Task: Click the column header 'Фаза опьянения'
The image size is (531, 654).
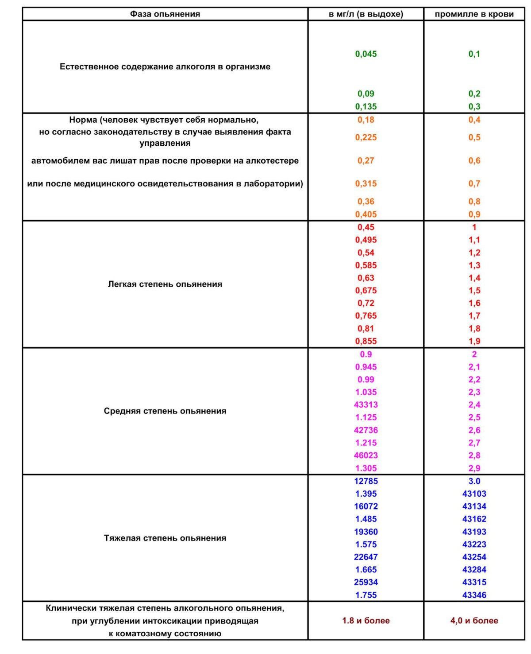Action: (165, 14)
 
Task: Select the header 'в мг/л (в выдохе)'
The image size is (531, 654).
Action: (366, 14)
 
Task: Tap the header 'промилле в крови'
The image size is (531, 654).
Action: (474, 14)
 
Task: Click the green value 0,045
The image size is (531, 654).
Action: (366, 54)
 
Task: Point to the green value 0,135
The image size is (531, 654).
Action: (366, 106)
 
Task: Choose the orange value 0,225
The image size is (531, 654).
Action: (366, 137)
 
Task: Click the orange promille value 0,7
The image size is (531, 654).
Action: (474, 183)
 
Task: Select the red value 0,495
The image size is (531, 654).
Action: (366, 240)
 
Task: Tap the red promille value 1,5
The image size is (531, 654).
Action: (474, 291)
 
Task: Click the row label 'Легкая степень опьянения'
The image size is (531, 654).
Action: (165, 284)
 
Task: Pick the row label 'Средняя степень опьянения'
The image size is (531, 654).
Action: (165, 411)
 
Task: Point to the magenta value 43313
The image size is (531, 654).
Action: (366, 405)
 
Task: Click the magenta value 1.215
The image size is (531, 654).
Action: (366, 443)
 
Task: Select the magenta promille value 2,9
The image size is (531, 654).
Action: (474, 468)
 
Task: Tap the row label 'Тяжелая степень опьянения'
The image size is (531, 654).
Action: (165, 538)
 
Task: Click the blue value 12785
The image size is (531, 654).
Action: (366, 481)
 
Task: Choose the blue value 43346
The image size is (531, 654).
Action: (474, 595)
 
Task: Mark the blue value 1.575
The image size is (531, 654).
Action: (366, 545)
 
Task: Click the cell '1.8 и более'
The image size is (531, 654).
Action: (366, 621)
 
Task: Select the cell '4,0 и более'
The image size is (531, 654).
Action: (474, 621)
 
